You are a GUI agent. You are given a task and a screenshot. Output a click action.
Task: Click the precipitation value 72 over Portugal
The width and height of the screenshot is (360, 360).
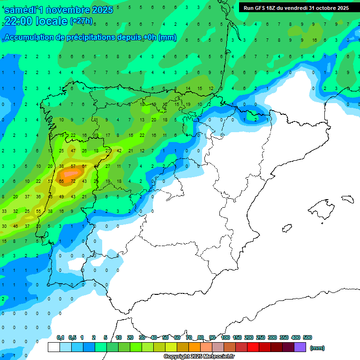click(x=73, y=181)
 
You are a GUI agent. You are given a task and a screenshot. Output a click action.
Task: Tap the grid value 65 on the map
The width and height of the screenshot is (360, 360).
click(x=61, y=181)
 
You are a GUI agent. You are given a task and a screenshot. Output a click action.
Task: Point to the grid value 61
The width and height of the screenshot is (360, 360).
click(x=84, y=166)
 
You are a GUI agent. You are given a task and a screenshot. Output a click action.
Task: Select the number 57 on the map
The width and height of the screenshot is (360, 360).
click(x=73, y=166)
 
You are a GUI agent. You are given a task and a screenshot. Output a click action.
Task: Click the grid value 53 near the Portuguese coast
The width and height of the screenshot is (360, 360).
click(x=50, y=181)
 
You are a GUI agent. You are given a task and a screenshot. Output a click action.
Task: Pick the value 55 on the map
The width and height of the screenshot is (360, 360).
click(x=38, y=211)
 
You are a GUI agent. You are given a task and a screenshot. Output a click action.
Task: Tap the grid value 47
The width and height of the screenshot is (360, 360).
click(x=73, y=150)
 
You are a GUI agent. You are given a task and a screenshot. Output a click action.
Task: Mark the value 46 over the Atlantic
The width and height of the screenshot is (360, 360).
click(x=15, y=226)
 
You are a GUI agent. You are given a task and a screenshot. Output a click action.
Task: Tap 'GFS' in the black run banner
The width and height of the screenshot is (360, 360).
click(x=262, y=8)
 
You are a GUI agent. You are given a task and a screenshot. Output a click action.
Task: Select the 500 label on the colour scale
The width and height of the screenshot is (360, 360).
click(x=307, y=337)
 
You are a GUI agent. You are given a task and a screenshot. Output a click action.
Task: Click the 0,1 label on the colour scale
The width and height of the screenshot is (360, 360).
click(x=60, y=337)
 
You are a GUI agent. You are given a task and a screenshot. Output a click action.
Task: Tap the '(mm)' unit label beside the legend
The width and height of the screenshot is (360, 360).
click(x=317, y=348)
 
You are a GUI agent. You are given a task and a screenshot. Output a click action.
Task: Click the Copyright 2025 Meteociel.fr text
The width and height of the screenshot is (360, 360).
click(x=199, y=357)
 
